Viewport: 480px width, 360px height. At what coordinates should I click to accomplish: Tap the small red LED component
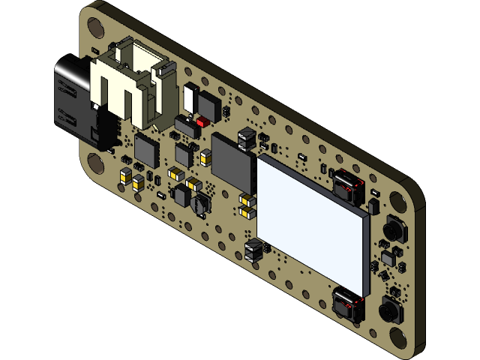(202, 121)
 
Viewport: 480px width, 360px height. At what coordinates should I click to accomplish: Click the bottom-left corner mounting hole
(96, 163)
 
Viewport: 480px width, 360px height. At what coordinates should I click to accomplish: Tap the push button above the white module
(347, 187)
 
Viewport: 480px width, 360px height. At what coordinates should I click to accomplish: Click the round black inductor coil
(200, 202)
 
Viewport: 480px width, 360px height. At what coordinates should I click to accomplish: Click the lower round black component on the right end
(390, 309)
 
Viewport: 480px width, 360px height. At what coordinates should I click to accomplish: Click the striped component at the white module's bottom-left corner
(253, 249)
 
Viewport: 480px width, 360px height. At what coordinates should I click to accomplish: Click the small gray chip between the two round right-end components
(388, 258)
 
